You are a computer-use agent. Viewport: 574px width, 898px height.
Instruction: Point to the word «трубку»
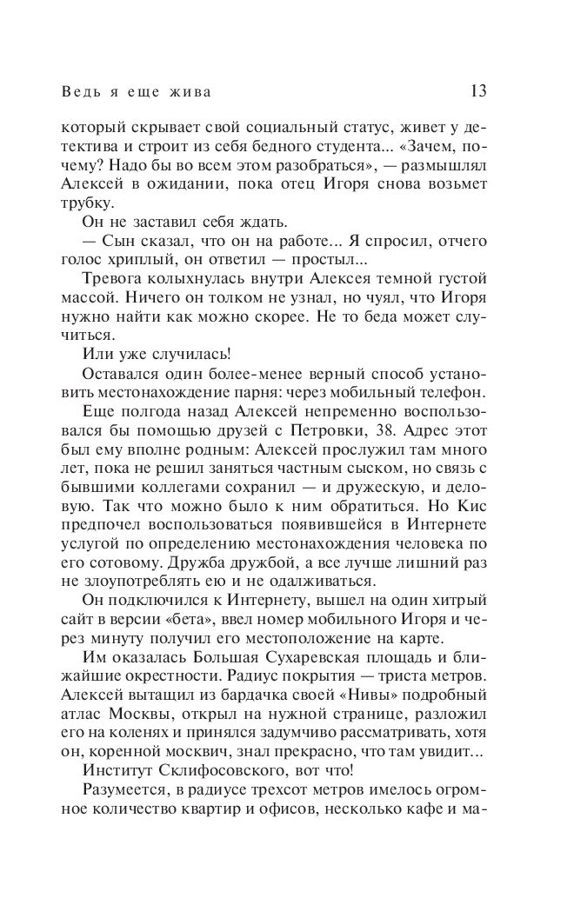(x=88, y=203)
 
